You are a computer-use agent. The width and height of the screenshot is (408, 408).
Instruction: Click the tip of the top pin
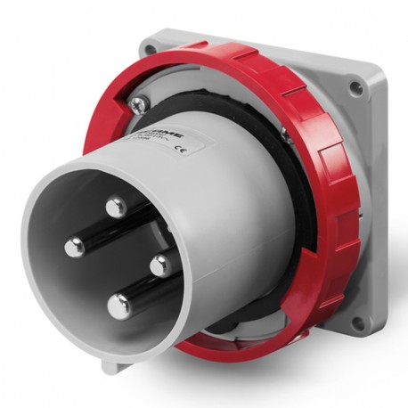coord(115,208)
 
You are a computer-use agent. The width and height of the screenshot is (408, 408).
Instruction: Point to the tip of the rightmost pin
coord(160,265)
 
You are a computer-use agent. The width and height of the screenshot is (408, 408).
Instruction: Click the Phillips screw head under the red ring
coord(137,105)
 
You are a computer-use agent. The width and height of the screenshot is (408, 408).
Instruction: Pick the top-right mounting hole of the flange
coord(356,87)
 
